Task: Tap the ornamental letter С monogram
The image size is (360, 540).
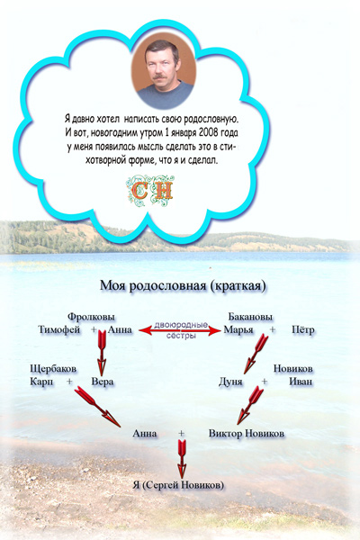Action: tap(139, 190)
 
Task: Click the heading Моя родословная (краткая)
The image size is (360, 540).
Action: tap(183, 286)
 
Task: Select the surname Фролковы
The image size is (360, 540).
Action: tap(91, 316)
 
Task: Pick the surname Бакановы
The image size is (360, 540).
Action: tap(250, 316)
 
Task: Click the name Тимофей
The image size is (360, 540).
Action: tap(58, 329)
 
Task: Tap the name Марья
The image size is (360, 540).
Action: tap(238, 329)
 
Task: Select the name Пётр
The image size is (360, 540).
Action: tap(302, 329)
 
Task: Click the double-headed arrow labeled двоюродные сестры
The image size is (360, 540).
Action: tap(179, 331)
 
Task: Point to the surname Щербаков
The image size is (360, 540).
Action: tap(53, 369)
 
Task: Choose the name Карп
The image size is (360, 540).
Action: tap(41, 382)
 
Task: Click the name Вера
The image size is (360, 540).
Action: tap(103, 382)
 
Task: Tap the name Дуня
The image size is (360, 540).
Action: tap(230, 382)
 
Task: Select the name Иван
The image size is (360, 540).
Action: tap(301, 382)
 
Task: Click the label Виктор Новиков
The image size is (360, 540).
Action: tap(247, 433)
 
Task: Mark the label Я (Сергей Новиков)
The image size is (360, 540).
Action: tap(178, 485)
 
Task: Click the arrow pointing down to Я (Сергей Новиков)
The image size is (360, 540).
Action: tap(182, 459)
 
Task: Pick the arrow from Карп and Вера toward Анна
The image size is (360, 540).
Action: tap(97, 407)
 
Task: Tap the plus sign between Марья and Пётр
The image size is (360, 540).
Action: tap(273, 329)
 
